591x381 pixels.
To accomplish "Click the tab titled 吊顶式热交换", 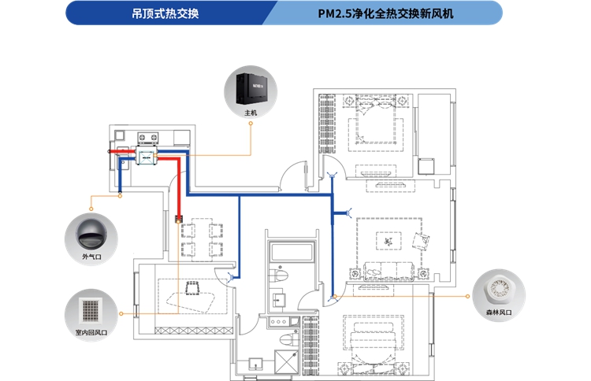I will pos(170,13).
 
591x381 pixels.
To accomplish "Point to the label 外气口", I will pos(92,257).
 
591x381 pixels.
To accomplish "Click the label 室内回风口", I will pos(91,332).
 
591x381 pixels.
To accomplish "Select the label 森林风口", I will pos(499,313).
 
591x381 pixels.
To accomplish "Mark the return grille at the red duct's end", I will pos(179,217).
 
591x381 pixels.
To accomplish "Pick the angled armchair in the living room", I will pos(419,241).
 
